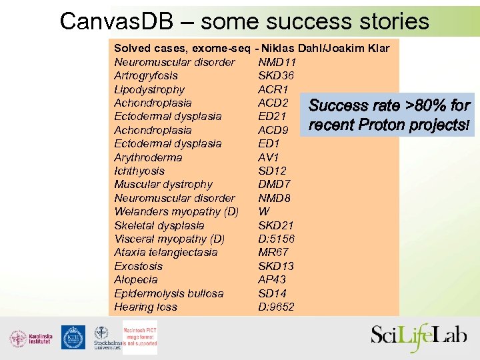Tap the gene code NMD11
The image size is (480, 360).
click(277, 62)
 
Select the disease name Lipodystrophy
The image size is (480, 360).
click(149, 89)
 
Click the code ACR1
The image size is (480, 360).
click(273, 89)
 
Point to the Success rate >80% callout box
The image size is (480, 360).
click(389, 115)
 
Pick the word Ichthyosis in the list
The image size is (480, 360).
click(139, 171)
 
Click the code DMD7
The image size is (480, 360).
click(275, 185)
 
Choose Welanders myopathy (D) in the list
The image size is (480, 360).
click(177, 211)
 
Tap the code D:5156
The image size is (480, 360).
click(277, 239)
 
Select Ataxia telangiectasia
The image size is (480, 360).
click(166, 253)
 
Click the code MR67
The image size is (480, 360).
click(273, 253)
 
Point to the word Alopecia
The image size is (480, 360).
click(136, 280)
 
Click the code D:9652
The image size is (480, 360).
click(277, 307)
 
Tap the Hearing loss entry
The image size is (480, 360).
click(146, 307)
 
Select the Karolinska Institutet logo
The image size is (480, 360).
click(31, 339)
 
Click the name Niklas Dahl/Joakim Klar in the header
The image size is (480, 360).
click(326, 49)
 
